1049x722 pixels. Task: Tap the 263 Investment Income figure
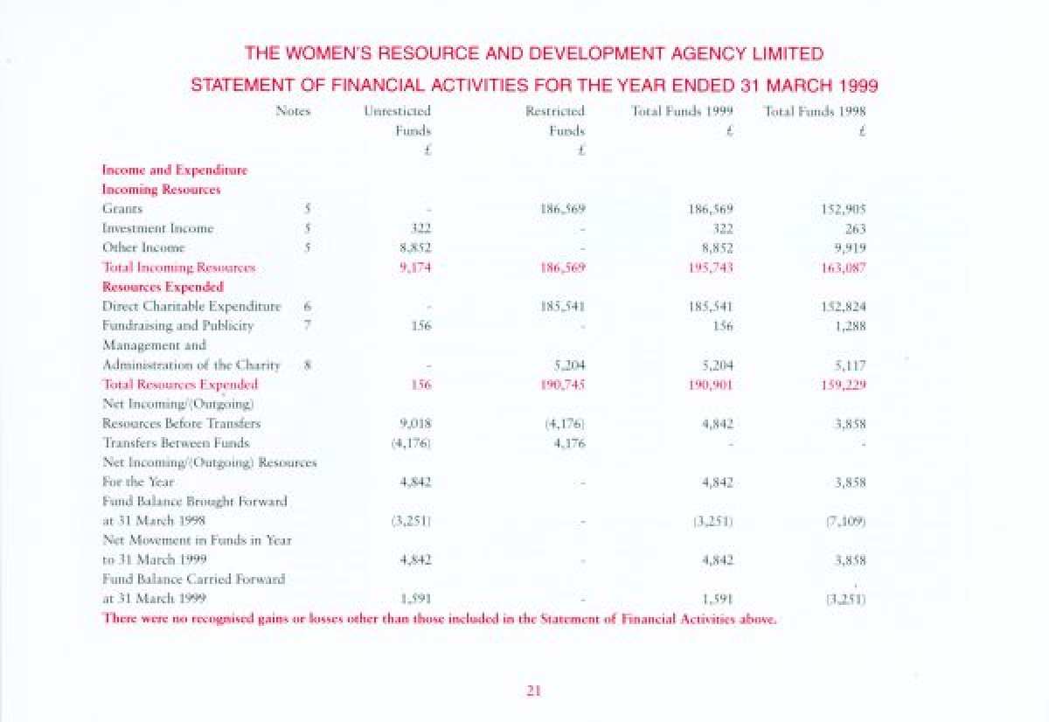coord(855,228)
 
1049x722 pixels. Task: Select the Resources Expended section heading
coord(163,286)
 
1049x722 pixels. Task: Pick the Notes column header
coord(293,111)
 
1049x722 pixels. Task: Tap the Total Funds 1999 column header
coord(681,111)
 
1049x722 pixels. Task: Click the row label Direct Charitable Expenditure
coord(191,306)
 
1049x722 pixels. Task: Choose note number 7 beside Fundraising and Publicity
coord(307,325)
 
